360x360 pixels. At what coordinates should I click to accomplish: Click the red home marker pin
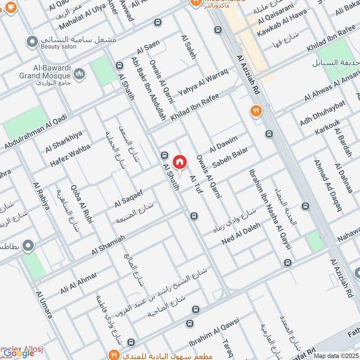[x=179, y=162]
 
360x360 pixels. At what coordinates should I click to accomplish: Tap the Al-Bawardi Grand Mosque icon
[x=80, y=73]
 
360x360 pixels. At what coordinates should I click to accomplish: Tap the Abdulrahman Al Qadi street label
[x=36, y=132]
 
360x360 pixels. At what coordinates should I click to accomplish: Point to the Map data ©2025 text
[x=336, y=355]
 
